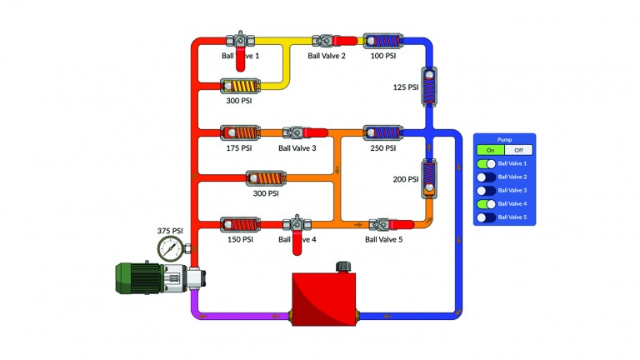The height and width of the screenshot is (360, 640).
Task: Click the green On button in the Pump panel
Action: pyautogui.click(x=490, y=150)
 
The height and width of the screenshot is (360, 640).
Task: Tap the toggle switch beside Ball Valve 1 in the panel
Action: pyautogui.click(x=486, y=164)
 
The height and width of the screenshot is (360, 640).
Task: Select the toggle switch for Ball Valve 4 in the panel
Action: pyautogui.click(x=486, y=204)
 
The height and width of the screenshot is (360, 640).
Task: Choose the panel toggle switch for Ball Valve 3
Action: pyautogui.click(x=486, y=191)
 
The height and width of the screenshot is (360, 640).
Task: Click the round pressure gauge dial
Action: pyautogui.click(x=171, y=247)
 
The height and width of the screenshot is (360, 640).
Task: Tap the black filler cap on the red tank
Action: pyautogui.click(x=342, y=267)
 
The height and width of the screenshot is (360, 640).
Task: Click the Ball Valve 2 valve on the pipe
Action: pyautogui.click(x=325, y=39)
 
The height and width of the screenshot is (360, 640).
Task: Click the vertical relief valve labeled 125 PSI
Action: pyautogui.click(x=429, y=86)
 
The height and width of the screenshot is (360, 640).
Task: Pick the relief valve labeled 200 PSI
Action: pyautogui.click(x=429, y=178)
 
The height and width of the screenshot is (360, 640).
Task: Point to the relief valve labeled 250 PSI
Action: pyautogui.click(x=382, y=132)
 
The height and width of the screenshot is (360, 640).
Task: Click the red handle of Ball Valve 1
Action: pyautogui.click(x=240, y=60)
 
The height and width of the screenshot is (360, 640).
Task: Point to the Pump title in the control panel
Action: pyautogui.click(x=504, y=139)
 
